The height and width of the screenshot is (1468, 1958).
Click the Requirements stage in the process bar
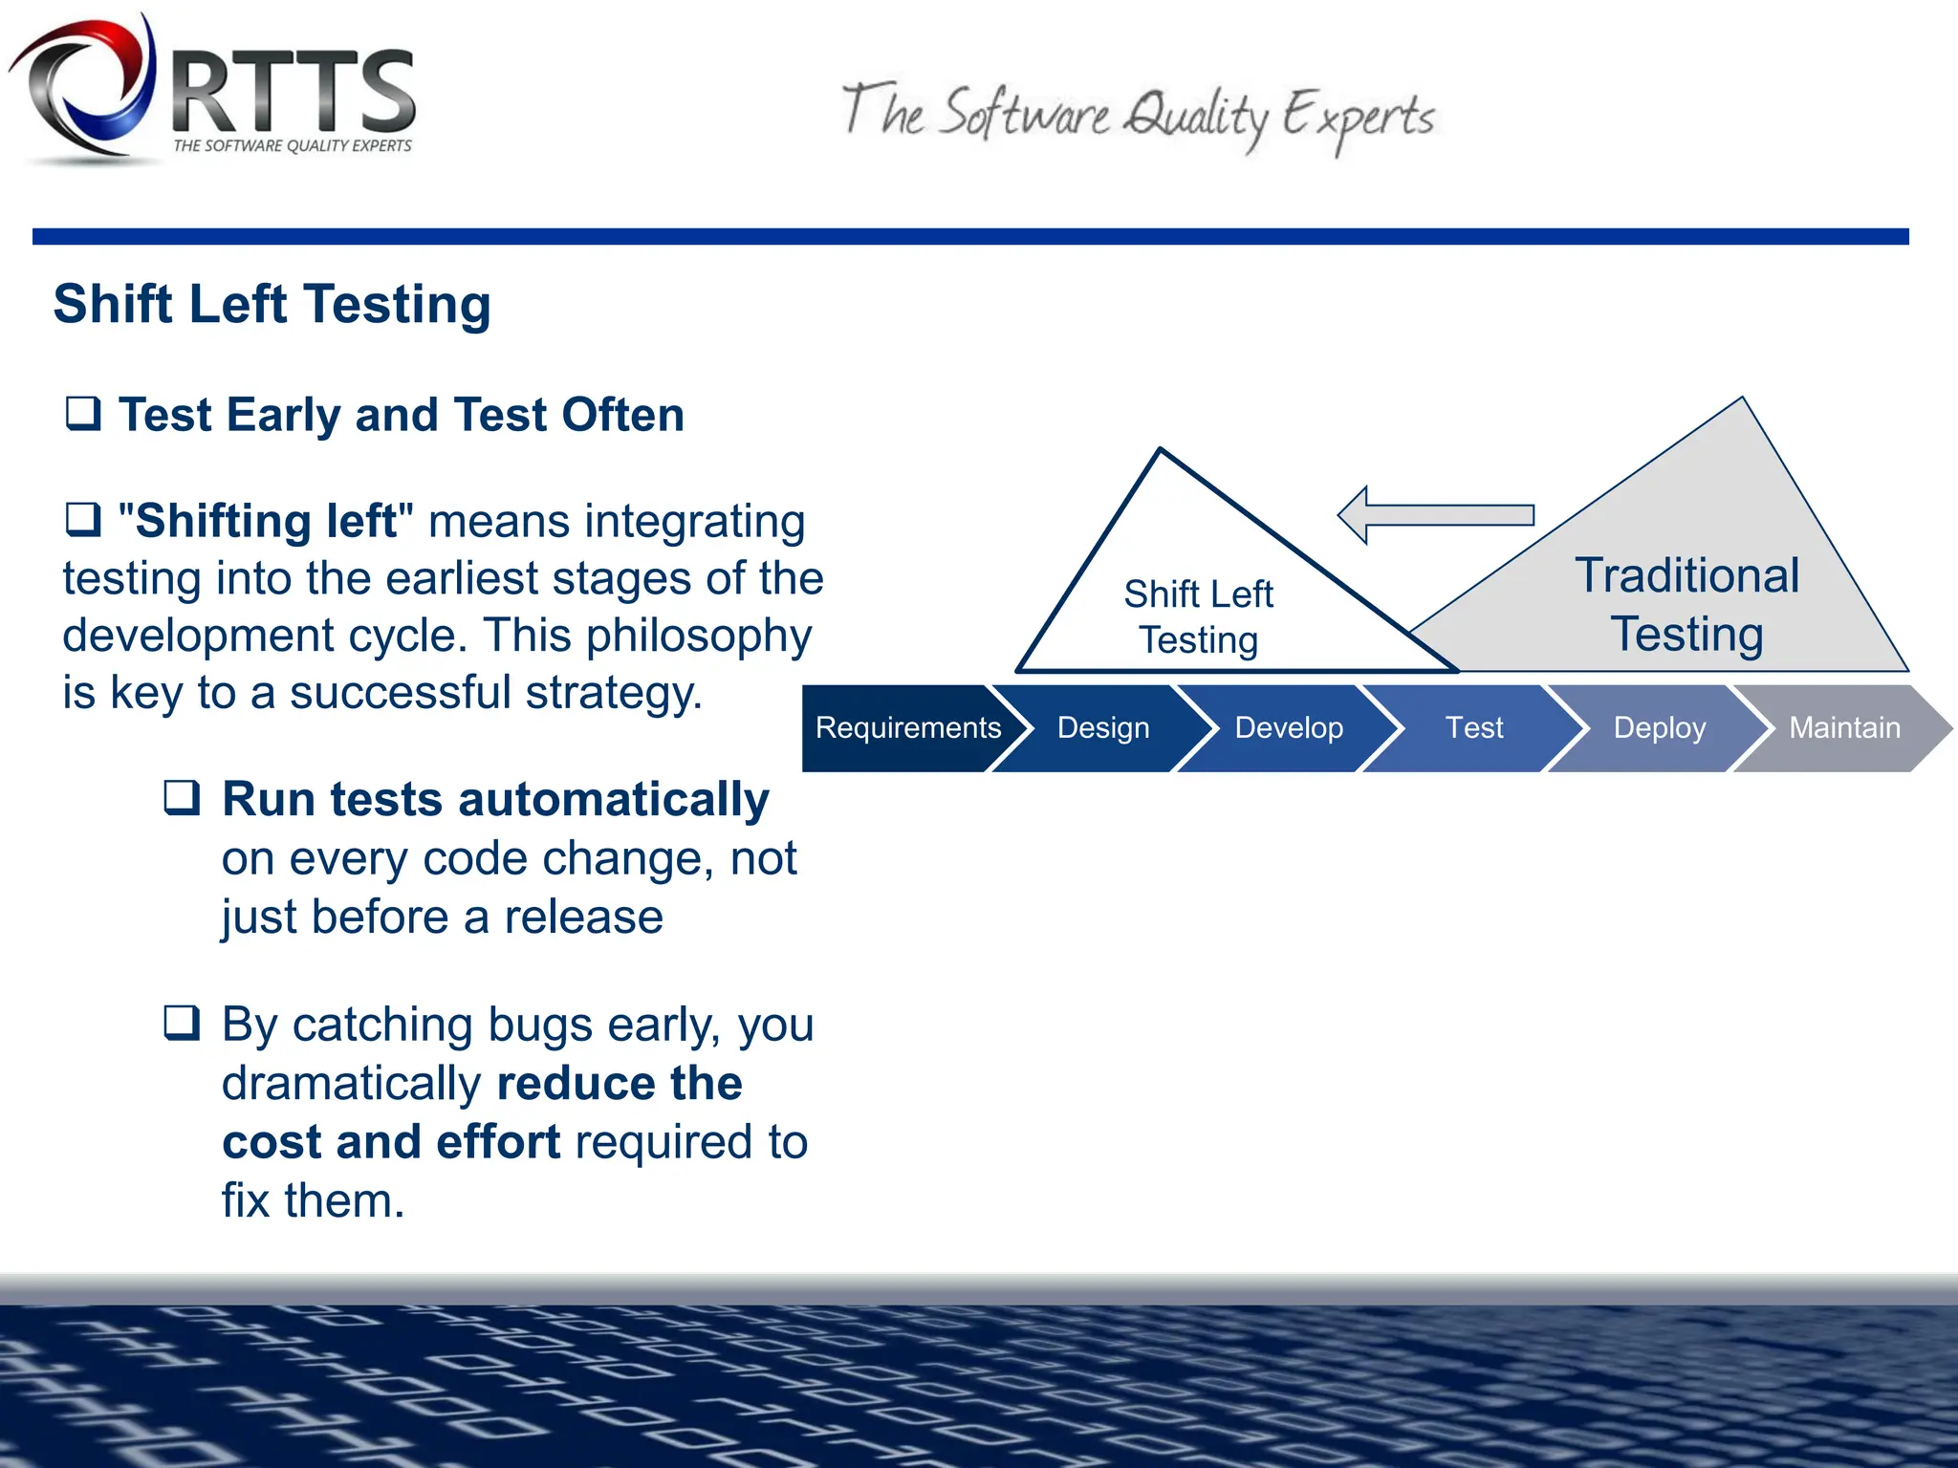click(x=906, y=728)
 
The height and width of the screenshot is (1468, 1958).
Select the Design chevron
click(x=1102, y=728)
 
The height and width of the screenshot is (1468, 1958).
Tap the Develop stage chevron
click(x=1288, y=728)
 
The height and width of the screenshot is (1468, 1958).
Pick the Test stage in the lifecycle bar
click(x=1473, y=728)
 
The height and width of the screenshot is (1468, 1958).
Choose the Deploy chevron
click(x=1659, y=728)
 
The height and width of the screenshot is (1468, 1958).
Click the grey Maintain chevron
click(x=1843, y=728)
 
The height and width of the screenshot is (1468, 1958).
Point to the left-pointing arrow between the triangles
click(x=1434, y=515)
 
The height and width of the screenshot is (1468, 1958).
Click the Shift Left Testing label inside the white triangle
click(x=1198, y=616)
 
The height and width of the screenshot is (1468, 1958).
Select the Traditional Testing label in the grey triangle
click(x=1686, y=604)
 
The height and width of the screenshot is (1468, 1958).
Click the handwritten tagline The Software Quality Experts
click(x=1138, y=117)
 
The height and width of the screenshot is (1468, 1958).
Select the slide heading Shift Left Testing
click(x=272, y=304)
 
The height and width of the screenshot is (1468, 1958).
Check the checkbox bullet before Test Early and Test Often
click(x=83, y=414)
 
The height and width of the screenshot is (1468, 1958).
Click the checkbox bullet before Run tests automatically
click(x=182, y=797)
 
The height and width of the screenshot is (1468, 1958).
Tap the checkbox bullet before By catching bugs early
click(x=182, y=1023)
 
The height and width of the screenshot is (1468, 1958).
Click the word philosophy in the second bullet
click(x=699, y=637)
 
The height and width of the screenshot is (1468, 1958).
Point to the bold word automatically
click(x=614, y=799)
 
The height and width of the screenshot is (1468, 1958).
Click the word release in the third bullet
click(x=583, y=917)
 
